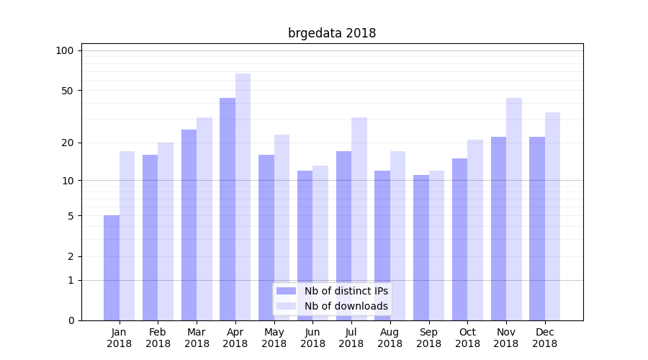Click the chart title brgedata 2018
(332, 33)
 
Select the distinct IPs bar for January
(112, 268)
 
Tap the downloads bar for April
(243, 197)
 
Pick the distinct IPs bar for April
(228, 209)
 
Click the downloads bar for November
(513, 209)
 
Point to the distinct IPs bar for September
(420, 247)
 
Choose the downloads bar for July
(359, 218)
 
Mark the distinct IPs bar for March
(189, 225)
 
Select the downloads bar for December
(552, 216)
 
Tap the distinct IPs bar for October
(459, 239)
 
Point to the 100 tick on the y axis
(65, 50)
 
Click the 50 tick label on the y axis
(68, 91)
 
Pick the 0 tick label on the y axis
(71, 320)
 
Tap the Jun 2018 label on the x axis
(312, 338)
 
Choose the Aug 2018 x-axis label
(390, 338)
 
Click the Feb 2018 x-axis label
(158, 338)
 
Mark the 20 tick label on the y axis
(68, 143)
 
